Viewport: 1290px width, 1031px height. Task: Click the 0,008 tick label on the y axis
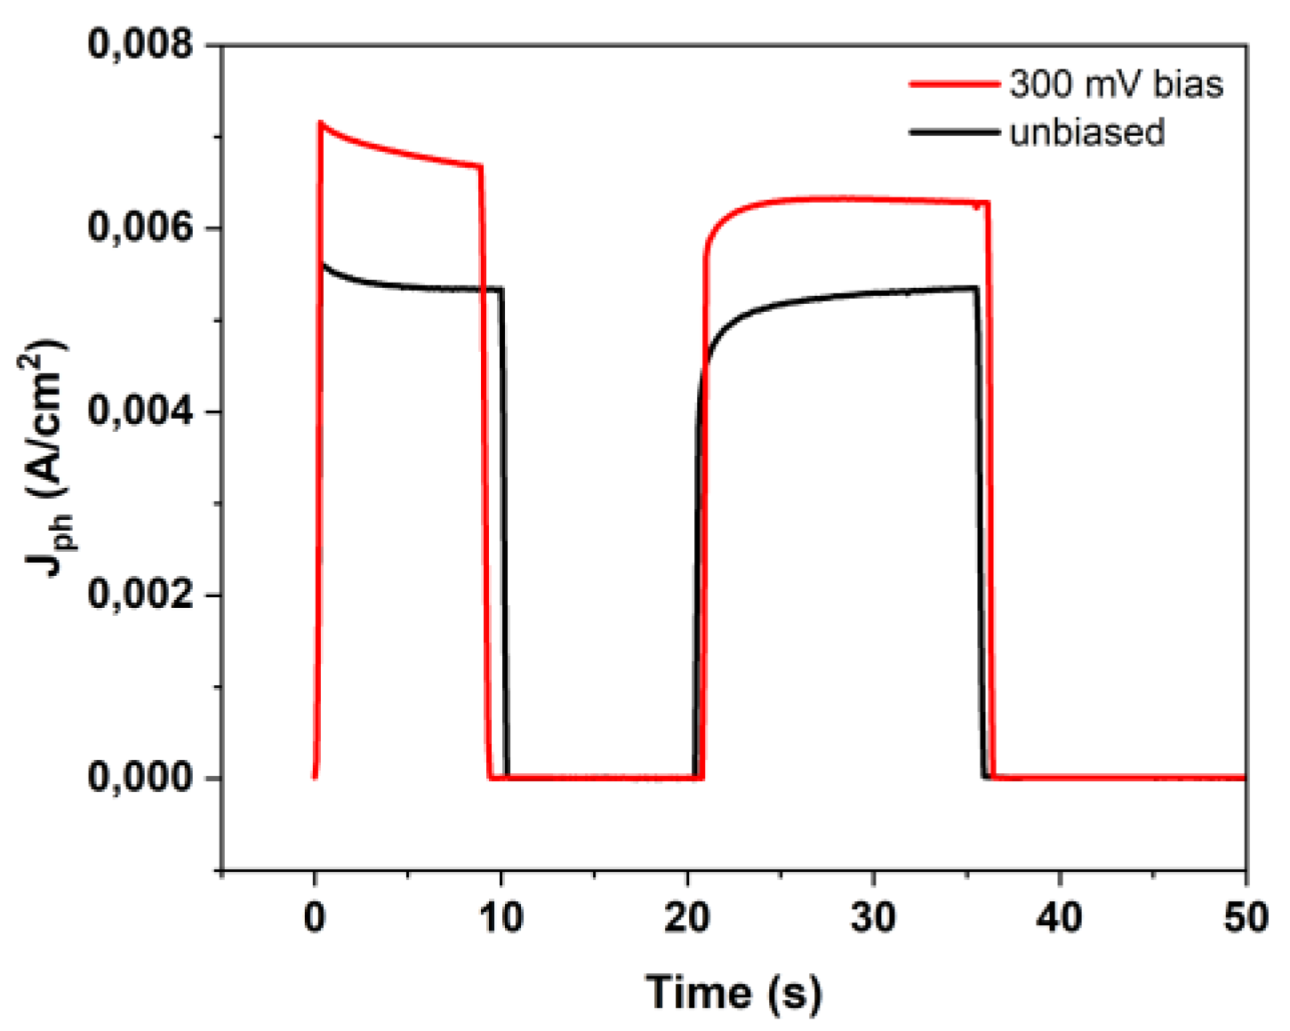(x=140, y=44)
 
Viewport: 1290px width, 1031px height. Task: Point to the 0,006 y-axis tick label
(x=140, y=228)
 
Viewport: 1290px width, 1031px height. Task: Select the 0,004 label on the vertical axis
(x=140, y=412)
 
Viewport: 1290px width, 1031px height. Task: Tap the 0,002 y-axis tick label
(x=140, y=595)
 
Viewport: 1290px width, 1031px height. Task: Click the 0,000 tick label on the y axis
(x=140, y=778)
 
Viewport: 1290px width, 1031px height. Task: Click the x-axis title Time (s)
(x=733, y=992)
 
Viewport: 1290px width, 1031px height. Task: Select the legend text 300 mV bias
(x=1116, y=84)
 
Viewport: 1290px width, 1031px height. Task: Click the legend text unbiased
(x=1086, y=132)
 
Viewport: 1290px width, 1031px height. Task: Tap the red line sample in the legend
(x=954, y=84)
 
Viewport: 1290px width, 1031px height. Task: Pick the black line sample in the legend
(x=954, y=132)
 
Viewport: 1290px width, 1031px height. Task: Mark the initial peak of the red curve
(x=321, y=123)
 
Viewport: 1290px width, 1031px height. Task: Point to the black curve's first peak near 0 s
(x=324, y=264)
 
